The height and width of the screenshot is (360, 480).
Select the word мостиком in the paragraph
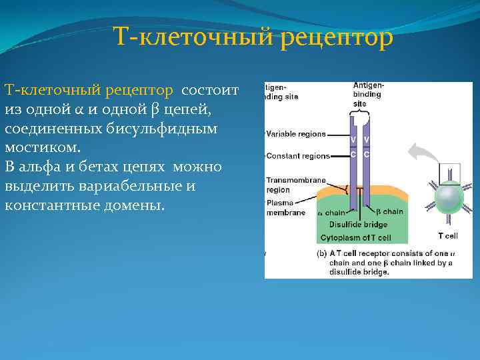(41, 146)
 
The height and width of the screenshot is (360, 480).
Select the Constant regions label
(298, 156)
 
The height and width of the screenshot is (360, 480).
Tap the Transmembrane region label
(296, 185)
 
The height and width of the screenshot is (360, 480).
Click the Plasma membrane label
(285, 208)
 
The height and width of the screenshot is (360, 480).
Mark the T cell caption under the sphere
(447, 235)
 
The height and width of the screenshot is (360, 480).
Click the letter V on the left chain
(353, 140)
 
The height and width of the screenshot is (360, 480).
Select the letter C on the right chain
(367, 155)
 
